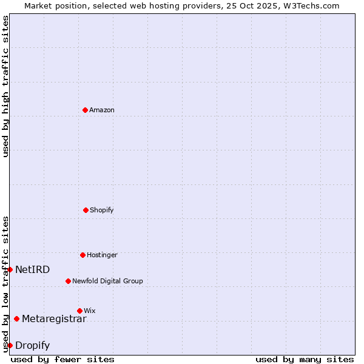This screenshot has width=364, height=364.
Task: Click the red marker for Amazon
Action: click(x=86, y=110)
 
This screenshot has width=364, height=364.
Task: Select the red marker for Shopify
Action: click(x=86, y=210)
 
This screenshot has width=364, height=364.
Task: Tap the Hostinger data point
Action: click(x=83, y=255)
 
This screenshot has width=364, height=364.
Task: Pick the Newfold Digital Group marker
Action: click(x=68, y=281)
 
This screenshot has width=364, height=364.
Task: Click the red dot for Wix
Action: click(x=79, y=311)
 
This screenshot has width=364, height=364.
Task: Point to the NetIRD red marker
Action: click(x=10, y=269)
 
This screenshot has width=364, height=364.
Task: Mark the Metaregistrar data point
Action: click(x=16, y=318)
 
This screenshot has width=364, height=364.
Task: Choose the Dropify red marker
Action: click(x=10, y=345)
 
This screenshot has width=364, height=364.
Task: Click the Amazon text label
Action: click(x=102, y=110)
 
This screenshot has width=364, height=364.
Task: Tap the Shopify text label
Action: click(x=102, y=211)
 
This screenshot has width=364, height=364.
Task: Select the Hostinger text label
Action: click(x=102, y=255)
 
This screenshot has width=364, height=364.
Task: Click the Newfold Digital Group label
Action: click(x=107, y=281)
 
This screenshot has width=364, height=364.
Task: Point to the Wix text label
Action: click(x=90, y=311)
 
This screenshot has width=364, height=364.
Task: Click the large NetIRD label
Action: click(x=33, y=270)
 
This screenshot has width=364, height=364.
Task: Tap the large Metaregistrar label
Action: click(x=54, y=319)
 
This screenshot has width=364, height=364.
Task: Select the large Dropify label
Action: click(x=33, y=346)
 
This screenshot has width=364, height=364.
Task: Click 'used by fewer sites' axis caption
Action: click(x=62, y=359)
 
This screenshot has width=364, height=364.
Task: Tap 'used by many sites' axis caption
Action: click(x=305, y=359)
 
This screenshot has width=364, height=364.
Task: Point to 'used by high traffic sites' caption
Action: click(x=5, y=86)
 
